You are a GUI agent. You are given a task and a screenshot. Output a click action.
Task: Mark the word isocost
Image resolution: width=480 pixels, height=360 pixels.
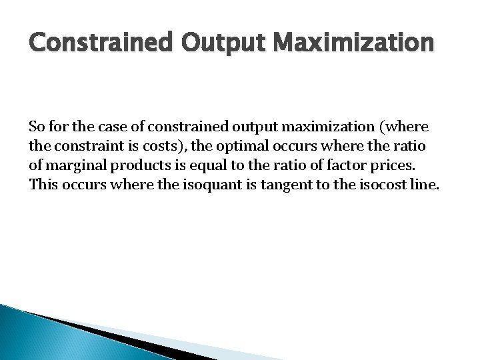click(x=371, y=184)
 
